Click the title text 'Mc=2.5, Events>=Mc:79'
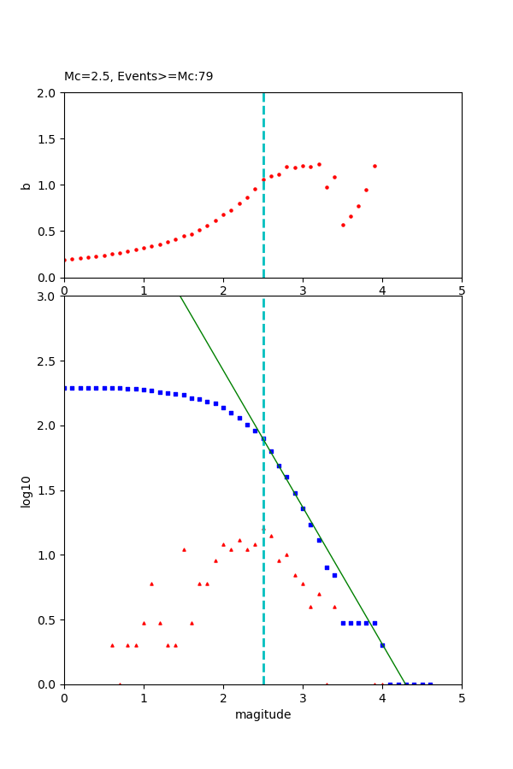click(x=139, y=77)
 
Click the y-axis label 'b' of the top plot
click(x=27, y=185)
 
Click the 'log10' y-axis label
click(x=27, y=490)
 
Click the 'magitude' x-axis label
click(x=262, y=714)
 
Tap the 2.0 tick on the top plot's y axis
click(x=48, y=92)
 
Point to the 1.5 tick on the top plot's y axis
click(x=48, y=138)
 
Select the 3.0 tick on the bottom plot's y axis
click(x=48, y=296)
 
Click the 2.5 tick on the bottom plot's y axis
click(x=48, y=361)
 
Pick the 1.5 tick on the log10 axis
click(x=48, y=490)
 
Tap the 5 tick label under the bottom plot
click(x=462, y=697)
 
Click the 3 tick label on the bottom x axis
click(x=303, y=697)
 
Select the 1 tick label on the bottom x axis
click(x=144, y=697)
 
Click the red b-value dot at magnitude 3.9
click(x=374, y=166)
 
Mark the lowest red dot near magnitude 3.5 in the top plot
click(x=343, y=225)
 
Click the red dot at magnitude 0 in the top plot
click(x=64, y=260)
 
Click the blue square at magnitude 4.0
click(x=382, y=645)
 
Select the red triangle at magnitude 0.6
click(x=112, y=645)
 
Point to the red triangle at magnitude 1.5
click(x=184, y=549)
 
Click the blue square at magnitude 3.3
click(x=327, y=567)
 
